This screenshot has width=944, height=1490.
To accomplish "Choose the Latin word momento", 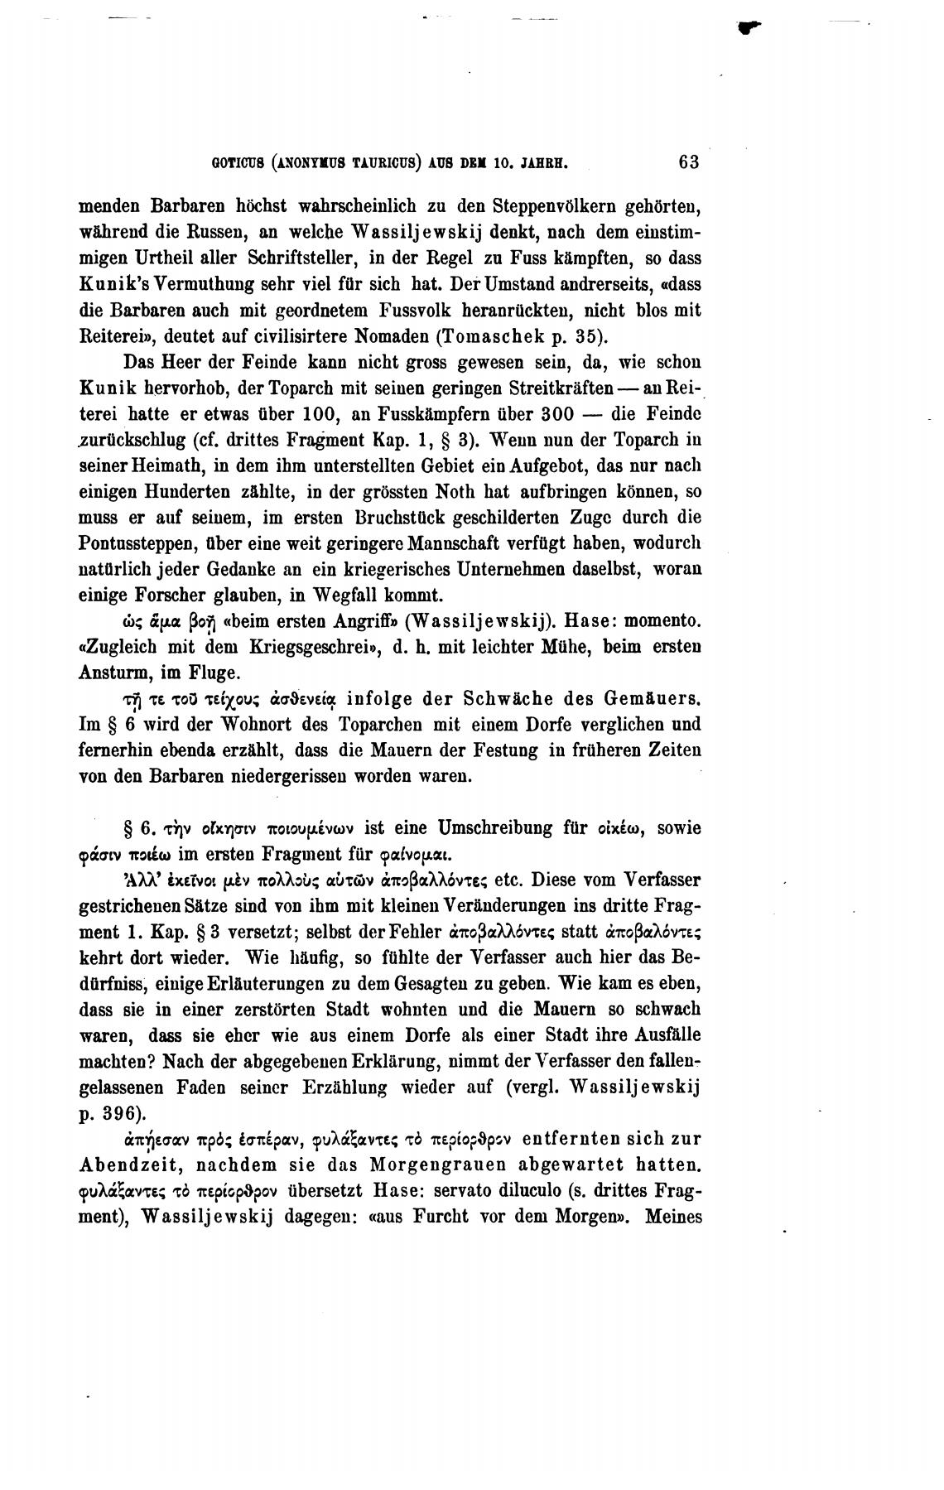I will [664, 621].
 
